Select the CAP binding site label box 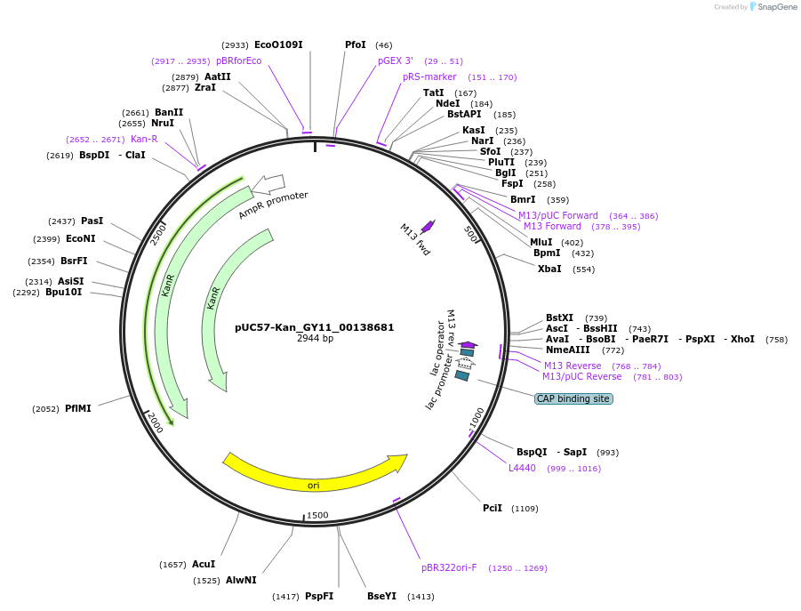[x=573, y=398]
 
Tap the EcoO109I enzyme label [x=278, y=44]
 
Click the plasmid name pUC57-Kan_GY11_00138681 [x=315, y=327]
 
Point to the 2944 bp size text [x=315, y=339]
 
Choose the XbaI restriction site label [x=549, y=269]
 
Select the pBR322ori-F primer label [x=449, y=567]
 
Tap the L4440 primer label [x=522, y=468]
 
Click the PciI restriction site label [x=493, y=508]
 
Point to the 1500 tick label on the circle [x=317, y=516]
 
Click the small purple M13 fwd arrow [x=428, y=226]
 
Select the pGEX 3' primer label [x=396, y=61]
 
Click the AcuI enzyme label [x=204, y=564]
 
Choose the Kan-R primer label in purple [x=144, y=139]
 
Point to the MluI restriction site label [x=541, y=242]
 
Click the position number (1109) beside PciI [x=525, y=509]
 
